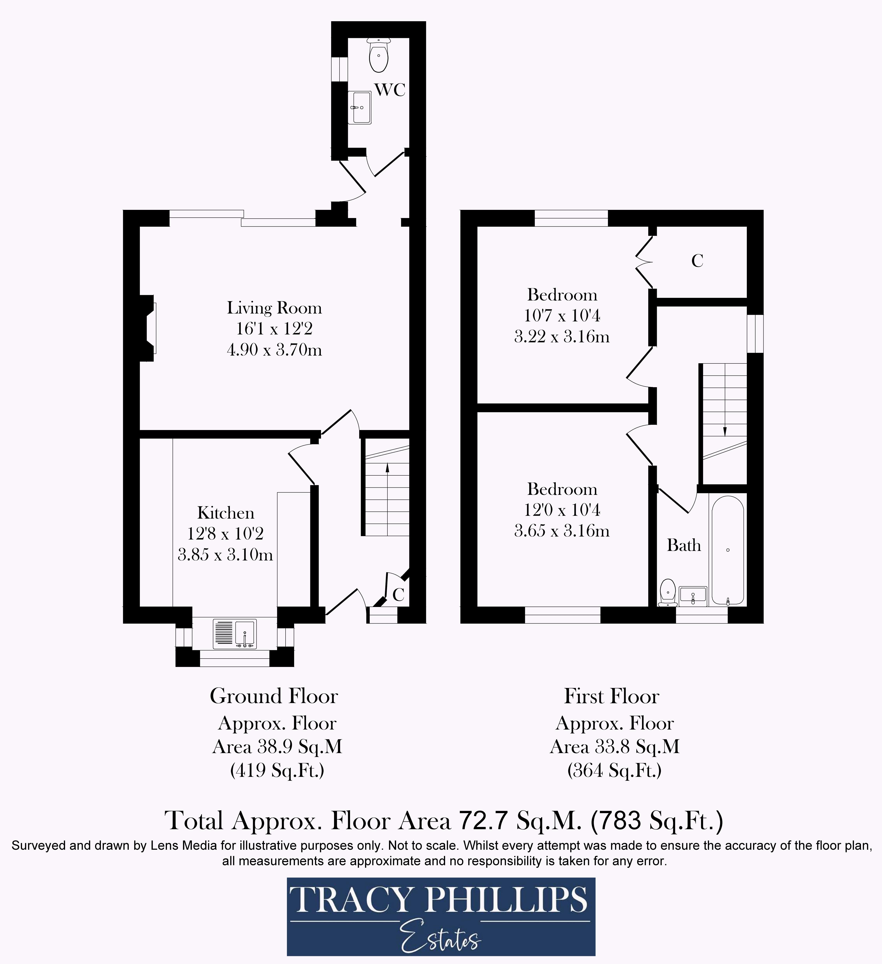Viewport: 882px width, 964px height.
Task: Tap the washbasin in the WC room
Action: [x=359, y=108]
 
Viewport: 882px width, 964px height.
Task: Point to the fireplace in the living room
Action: [x=148, y=328]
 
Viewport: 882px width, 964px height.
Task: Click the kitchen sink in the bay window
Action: [x=235, y=634]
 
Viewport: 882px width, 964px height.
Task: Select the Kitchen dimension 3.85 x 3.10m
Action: [x=225, y=555]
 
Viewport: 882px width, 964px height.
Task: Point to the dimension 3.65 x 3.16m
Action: [x=562, y=531]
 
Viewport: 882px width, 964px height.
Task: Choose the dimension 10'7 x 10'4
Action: [x=562, y=316]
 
